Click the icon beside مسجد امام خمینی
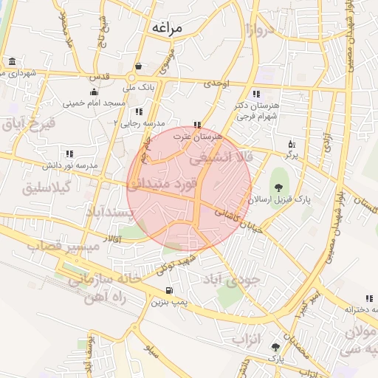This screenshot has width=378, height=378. [x=93, y=92]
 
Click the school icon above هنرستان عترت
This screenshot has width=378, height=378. [x=196, y=126]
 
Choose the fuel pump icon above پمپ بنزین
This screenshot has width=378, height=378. [x=171, y=290]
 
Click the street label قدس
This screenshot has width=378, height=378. [x=99, y=76]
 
